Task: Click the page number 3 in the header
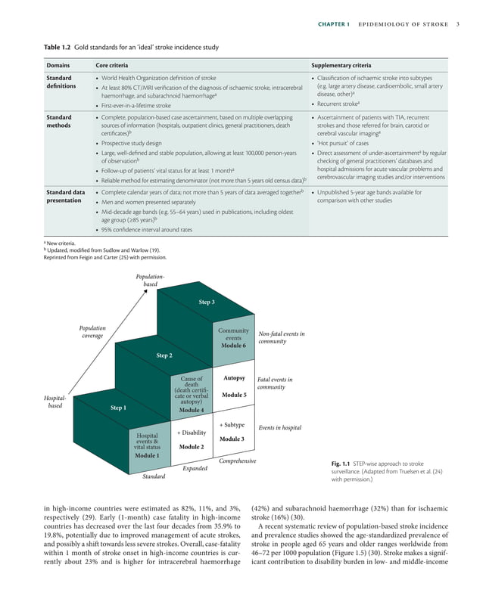coord(458,24)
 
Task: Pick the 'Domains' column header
coord(58,65)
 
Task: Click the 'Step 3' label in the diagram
coord(207,302)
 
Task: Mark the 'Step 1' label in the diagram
coord(118,408)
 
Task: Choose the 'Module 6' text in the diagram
coord(233,345)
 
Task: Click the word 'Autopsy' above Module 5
coord(233,377)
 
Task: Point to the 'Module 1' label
coord(147,455)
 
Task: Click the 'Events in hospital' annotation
coord(280,428)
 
